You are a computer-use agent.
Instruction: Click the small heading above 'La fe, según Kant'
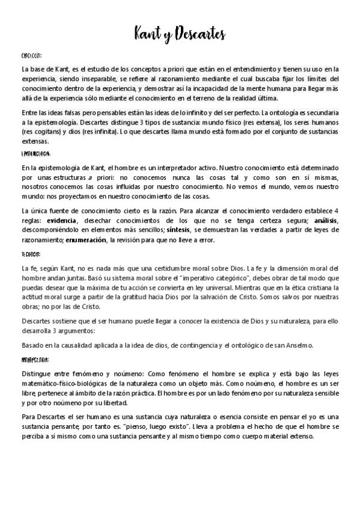coord(31,254)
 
